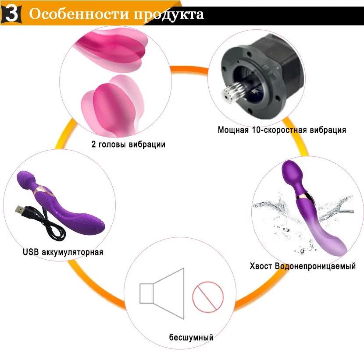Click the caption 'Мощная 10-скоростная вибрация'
click(282, 130)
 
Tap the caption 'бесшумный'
click(191, 337)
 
